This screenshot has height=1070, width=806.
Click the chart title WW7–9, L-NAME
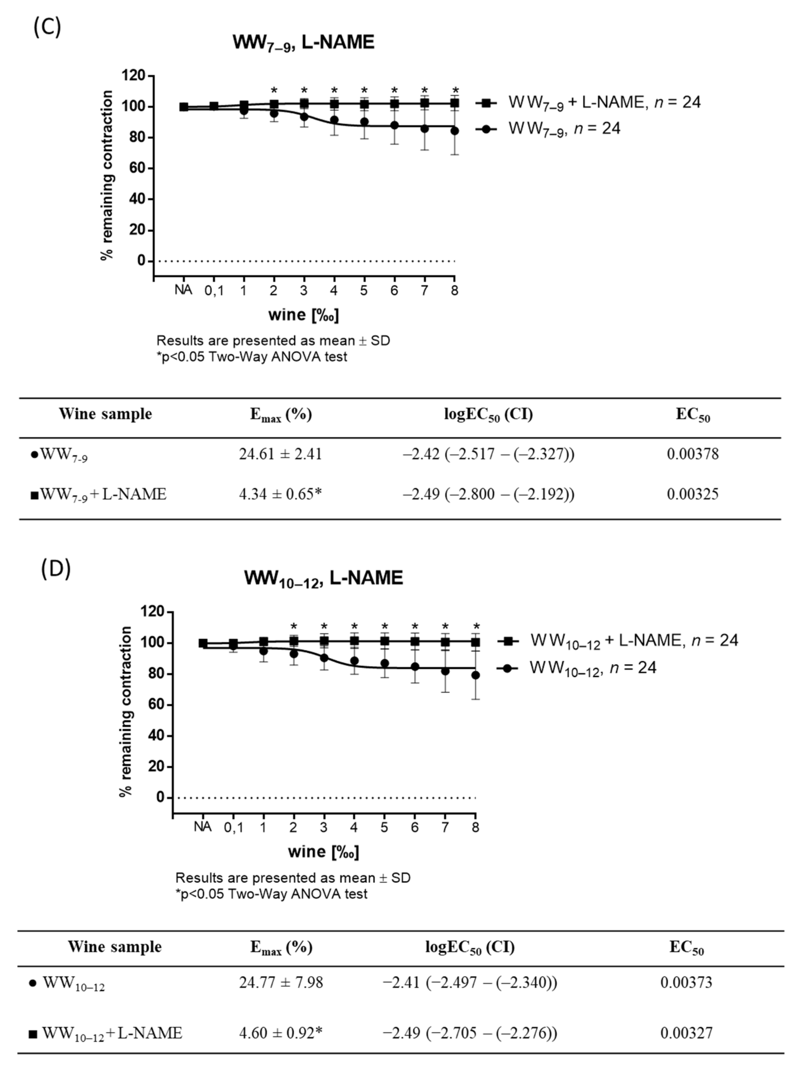pos(303,43)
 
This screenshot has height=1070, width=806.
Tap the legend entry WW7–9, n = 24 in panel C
pos(564,129)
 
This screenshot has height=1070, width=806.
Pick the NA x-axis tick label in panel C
pos(183,290)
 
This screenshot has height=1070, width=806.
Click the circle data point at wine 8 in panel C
pos(455,131)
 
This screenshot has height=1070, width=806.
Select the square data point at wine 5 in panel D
pos(385,641)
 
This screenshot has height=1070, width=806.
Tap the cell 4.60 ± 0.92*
pos(281,1033)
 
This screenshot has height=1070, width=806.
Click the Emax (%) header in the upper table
pos(281,415)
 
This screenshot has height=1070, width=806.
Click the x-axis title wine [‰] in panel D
pos(323,851)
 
